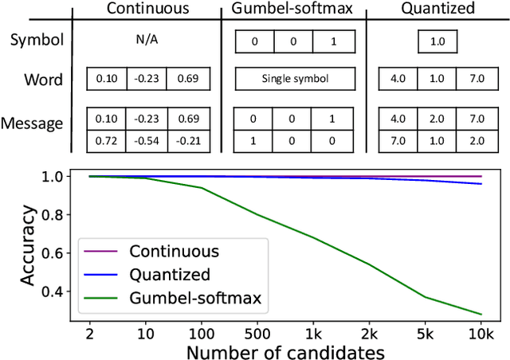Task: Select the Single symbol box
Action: point(292,79)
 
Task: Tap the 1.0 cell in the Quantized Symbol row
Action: point(437,41)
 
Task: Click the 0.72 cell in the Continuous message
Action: point(105,141)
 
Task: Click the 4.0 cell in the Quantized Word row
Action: point(398,79)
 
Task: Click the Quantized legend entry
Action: point(169,275)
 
